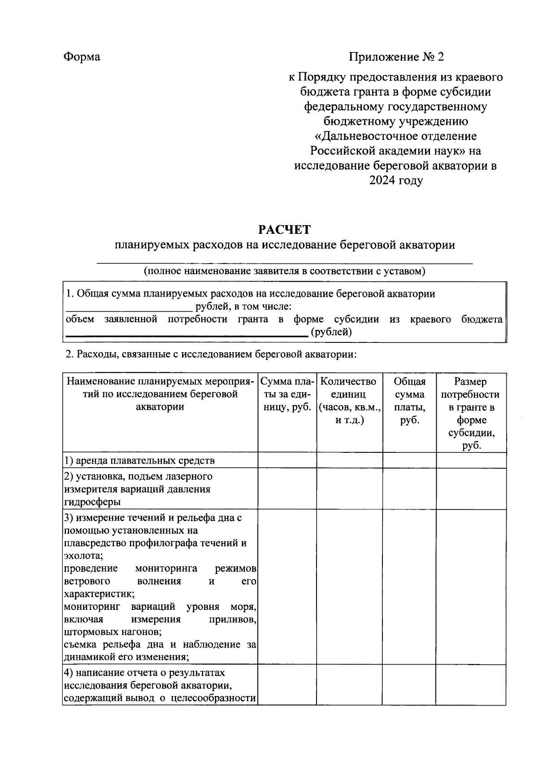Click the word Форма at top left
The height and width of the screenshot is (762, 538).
pyautogui.click(x=82, y=57)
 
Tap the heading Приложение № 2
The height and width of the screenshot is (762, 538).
pyautogui.click(x=396, y=57)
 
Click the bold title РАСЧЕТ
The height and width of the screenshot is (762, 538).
pyautogui.click(x=284, y=230)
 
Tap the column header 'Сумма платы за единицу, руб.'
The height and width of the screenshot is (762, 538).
pyautogui.click(x=287, y=394)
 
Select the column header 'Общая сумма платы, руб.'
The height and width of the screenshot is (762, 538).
pyautogui.click(x=409, y=401)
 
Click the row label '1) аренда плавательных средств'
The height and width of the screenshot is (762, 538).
pyautogui.click(x=139, y=460)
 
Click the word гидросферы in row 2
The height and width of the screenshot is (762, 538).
pyautogui.click(x=92, y=502)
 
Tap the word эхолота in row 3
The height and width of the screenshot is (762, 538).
pyautogui.click(x=83, y=556)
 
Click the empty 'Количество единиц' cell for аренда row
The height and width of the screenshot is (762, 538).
pyautogui.click(x=349, y=460)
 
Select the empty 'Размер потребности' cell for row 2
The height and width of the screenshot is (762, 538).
pyautogui.click(x=471, y=489)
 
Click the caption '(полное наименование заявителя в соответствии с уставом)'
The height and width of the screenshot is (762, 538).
pyautogui.click(x=284, y=271)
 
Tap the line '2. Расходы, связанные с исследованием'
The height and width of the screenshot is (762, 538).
pyautogui.click(x=211, y=354)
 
